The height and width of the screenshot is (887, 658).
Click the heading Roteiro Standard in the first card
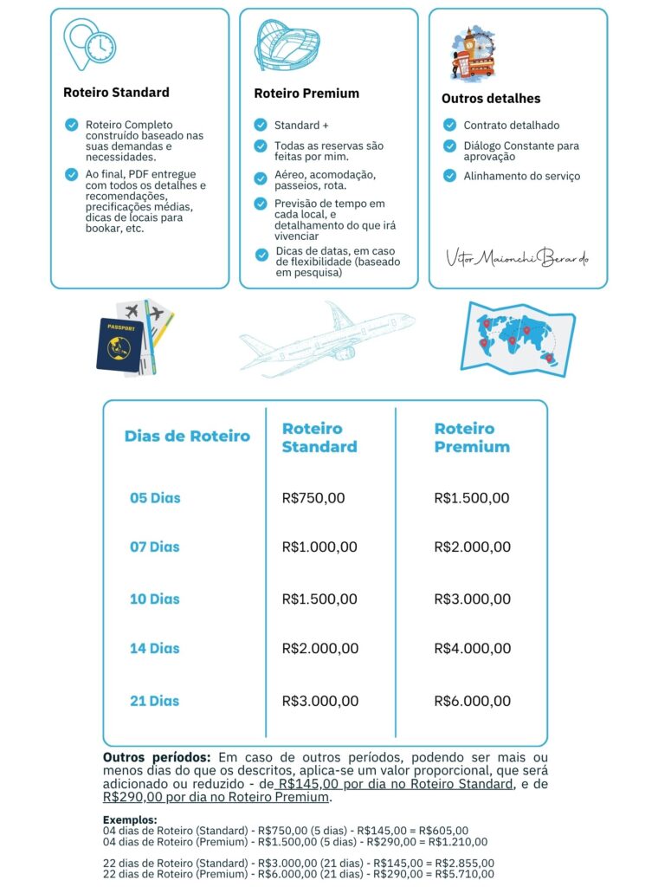116,92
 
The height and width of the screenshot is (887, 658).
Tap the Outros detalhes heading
491,99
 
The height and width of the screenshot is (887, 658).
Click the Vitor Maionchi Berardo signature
517,257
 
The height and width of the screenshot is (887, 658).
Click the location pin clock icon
90,44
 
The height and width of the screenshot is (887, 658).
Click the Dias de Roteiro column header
187,436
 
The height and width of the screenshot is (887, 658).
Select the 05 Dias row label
155,498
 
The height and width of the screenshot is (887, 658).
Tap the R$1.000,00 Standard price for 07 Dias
319,547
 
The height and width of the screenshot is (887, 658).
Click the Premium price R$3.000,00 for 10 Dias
472,599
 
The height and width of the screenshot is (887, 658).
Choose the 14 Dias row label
155,648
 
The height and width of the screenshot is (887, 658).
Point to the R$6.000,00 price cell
472,701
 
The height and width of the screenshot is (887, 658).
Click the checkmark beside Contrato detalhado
449,125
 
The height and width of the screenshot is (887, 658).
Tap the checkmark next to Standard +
261,125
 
